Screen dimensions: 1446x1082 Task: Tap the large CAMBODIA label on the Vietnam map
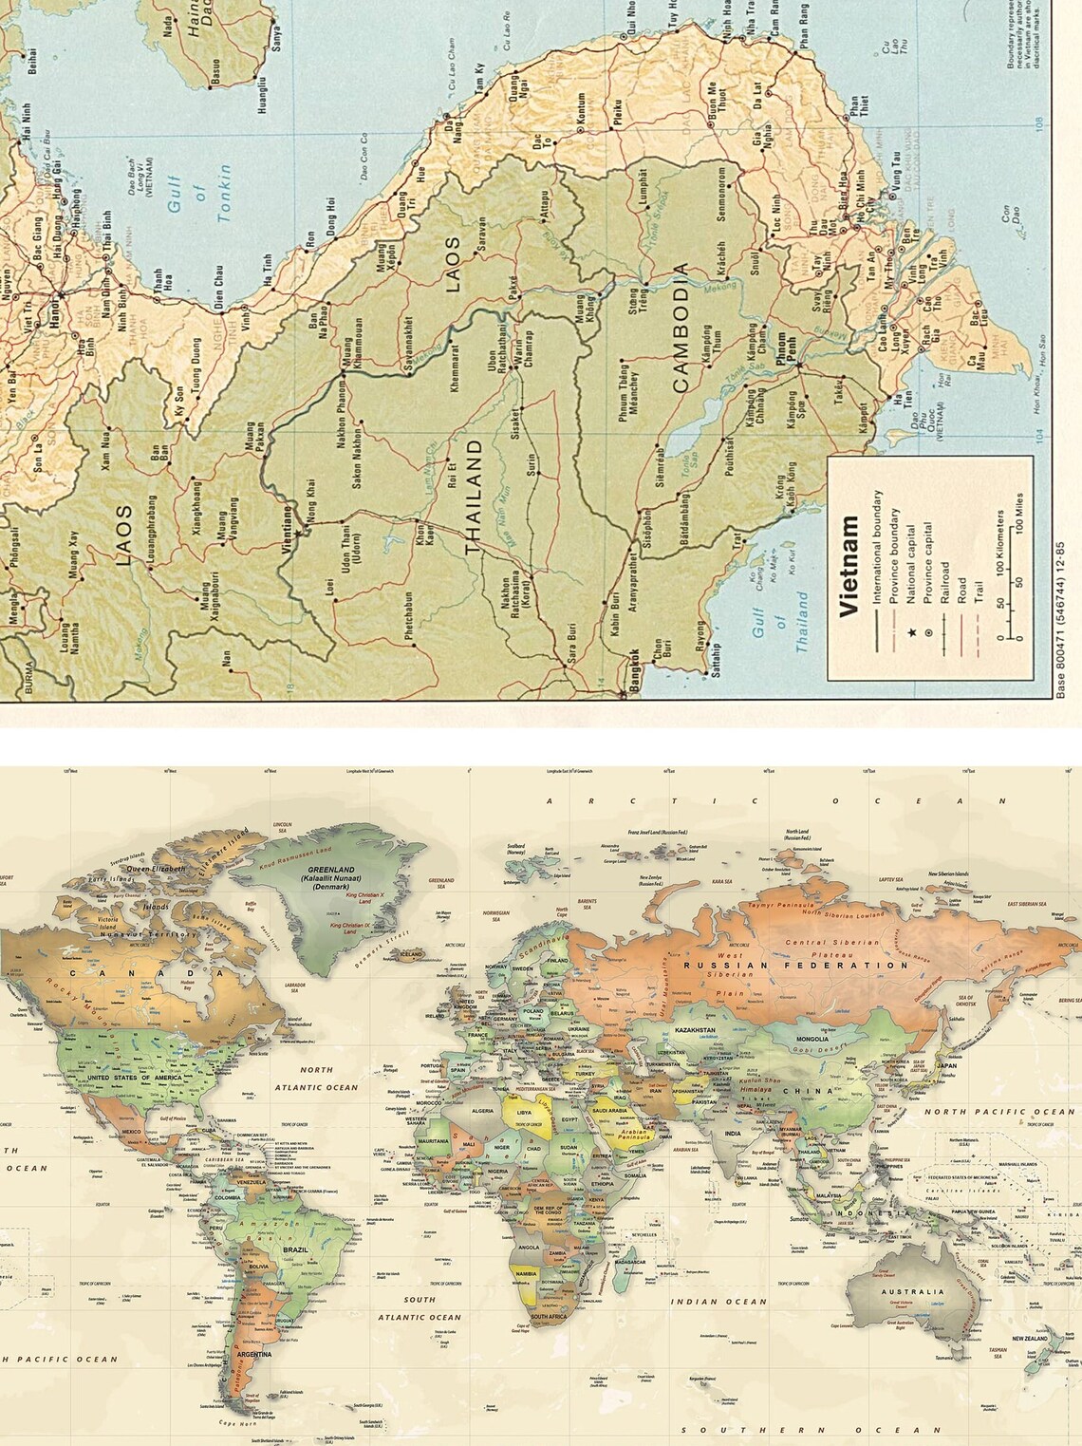pyautogui.click(x=681, y=328)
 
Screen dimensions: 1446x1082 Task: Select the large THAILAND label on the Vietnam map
pyautogui.click(x=474, y=496)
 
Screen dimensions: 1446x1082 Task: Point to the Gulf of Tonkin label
pyautogui.click(x=199, y=196)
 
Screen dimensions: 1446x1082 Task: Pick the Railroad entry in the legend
pyautogui.click(x=944, y=582)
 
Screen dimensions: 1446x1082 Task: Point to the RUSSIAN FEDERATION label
pyautogui.click(x=796, y=965)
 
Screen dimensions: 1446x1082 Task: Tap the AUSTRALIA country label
pyautogui.click(x=912, y=1291)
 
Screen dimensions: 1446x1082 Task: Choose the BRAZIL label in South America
pyautogui.click(x=294, y=1249)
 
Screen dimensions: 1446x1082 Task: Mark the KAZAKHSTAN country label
pyautogui.click(x=695, y=1030)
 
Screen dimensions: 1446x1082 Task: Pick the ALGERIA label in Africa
pyautogui.click(x=483, y=1111)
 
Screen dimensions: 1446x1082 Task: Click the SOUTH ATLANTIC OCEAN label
pyautogui.click(x=420, y=1308)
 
